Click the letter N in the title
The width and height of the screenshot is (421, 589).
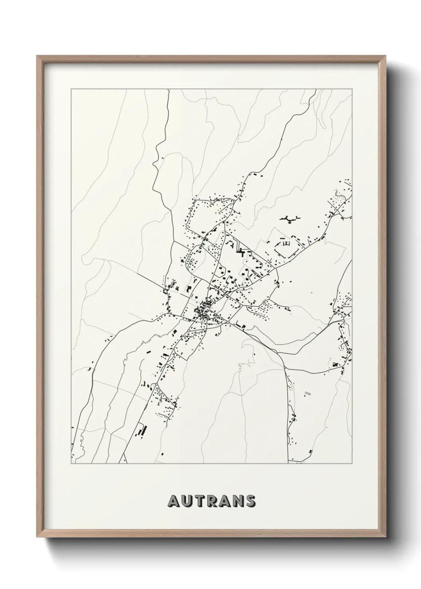(x=238, y=501)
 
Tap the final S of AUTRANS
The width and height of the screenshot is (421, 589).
(x=251, y=501)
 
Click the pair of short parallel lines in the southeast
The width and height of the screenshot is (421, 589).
(x=307, y=393)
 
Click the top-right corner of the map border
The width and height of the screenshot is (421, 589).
(x=352, y=90)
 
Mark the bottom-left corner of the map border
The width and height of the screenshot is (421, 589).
(x=71, y=464)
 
